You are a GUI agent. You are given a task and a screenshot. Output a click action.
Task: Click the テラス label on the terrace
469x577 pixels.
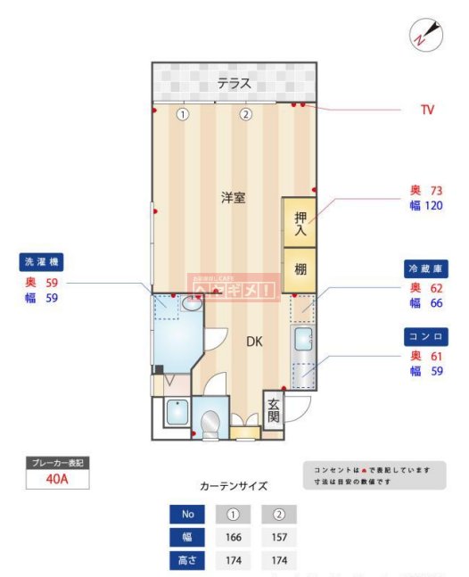(x=234, y=85)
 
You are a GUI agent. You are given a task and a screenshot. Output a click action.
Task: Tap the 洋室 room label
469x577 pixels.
(x=234, y=198)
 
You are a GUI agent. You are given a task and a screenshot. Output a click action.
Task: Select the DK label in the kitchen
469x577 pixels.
(x=254, y=341)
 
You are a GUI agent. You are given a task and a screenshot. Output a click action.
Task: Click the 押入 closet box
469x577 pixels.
(x=300, y=221)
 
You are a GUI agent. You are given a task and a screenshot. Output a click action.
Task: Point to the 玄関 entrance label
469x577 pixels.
(x=273, y=409)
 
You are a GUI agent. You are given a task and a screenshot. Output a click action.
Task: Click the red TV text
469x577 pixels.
(x=427, y=111)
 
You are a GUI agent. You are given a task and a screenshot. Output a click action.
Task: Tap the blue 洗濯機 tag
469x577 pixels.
(x=43, y=263)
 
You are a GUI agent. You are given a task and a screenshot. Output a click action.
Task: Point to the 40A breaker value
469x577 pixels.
(x=58, y=480)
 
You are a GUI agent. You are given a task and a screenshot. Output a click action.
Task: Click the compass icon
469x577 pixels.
(x=425, y=34)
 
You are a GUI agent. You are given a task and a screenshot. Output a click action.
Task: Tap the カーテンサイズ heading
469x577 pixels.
(x=233, y=486)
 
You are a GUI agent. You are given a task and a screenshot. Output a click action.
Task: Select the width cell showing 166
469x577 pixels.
(x=233, y=537)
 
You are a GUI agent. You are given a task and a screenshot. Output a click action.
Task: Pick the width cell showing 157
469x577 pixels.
(x=278, y=537)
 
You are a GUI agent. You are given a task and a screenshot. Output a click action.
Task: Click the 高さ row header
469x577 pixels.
(x=187, y=561)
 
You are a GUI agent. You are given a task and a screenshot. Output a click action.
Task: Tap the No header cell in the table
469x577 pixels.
(x=187, y=515)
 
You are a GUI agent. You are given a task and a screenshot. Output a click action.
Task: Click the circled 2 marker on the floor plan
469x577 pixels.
(x=245, y=114)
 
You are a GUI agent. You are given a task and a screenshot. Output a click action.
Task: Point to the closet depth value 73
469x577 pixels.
(x=436, y=191)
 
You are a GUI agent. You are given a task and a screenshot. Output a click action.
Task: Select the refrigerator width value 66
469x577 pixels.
(x=436, y=303)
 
